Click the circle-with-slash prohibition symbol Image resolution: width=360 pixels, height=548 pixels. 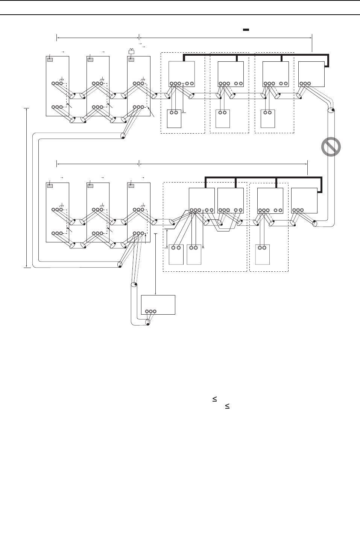click(x=331, y=147)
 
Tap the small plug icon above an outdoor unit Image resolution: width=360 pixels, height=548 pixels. click(x=132, y=52)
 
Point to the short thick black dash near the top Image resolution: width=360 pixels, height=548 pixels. click(x=246, y=29)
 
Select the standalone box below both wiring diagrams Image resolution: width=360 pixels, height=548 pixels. click(x=158, y=304)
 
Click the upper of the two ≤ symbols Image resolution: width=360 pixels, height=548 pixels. click(x=214, y=399)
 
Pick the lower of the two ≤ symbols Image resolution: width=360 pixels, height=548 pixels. click(x=227, y=406)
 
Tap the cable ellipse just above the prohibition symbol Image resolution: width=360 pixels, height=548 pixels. click(x=331, y=111)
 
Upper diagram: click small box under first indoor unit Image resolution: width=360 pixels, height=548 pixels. click(x=174, y=119)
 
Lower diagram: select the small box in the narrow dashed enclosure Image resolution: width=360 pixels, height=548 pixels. click(x=263, y=254)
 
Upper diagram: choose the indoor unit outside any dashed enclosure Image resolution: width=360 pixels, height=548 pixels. click(x=311, y=74)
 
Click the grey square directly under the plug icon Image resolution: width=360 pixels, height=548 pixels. click(x=131, y=59)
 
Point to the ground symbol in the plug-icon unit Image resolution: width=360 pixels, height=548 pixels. click(x=143, y=79)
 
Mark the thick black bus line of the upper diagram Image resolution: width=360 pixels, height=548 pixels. click(x=256, y=55)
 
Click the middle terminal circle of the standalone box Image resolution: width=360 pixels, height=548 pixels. click(x=150, y=311)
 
